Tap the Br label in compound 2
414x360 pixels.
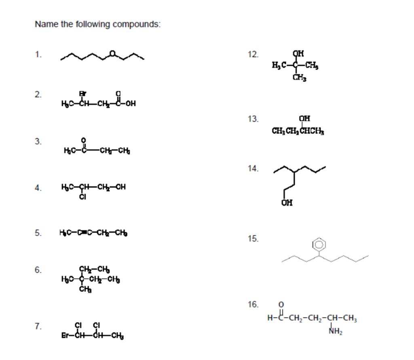point(82,93)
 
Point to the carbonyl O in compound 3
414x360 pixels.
point(84,140)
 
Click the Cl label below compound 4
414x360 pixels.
point(82,197)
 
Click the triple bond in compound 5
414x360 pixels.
point(89,232)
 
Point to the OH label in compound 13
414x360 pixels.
point(304,118)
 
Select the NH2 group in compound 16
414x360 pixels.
point(335,332)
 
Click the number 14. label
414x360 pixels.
point(253,169)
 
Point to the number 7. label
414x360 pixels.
point(38,326)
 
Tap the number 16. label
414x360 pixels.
point(253,304)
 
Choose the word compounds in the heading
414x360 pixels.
point(136,24)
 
